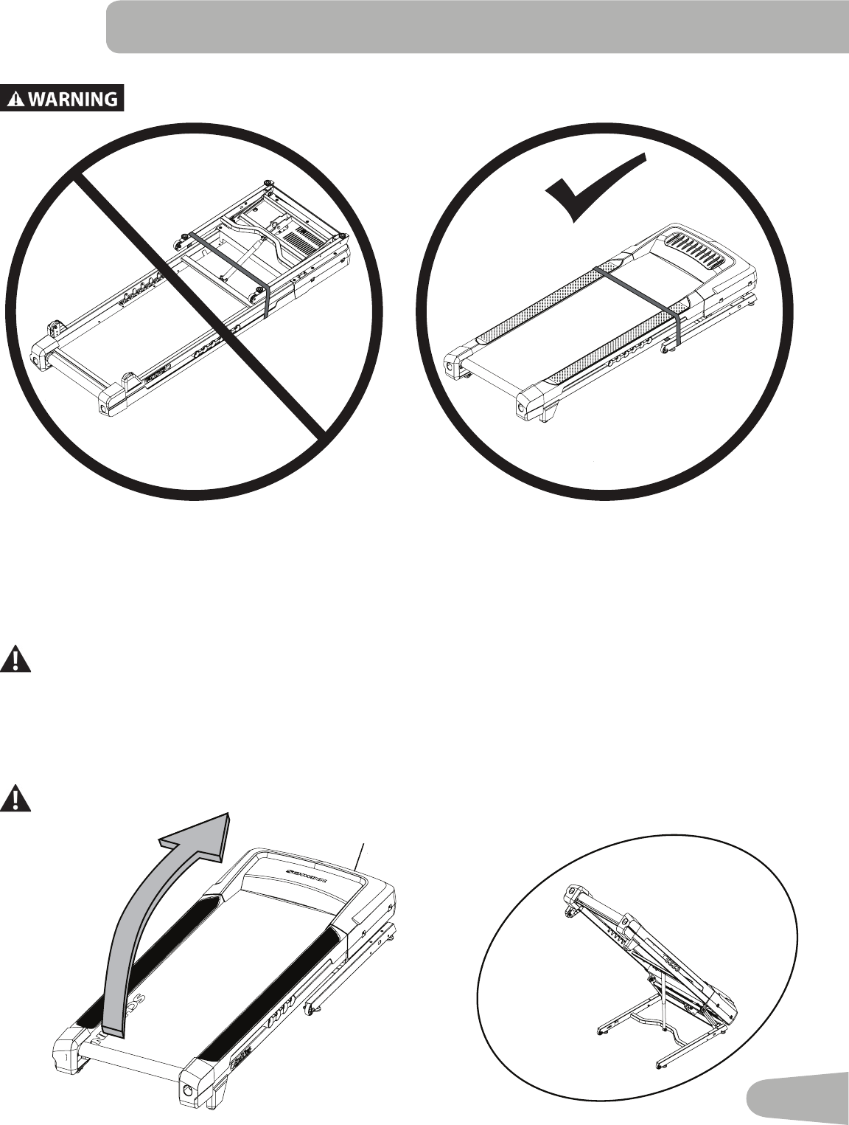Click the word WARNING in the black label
pos(73,99)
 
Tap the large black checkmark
pos(593,189)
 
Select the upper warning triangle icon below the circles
pos(16,658)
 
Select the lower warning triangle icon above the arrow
pos(16,799)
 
